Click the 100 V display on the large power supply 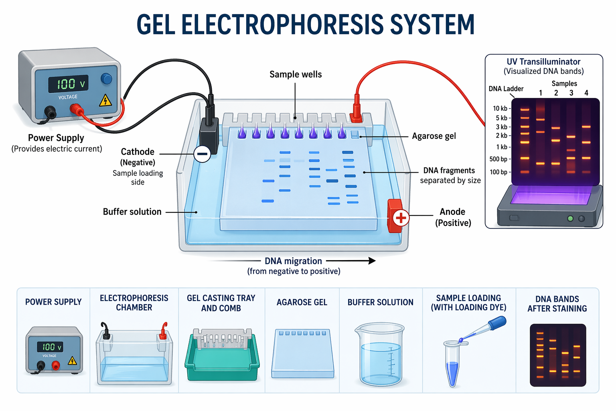(68, 84)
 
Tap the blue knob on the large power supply (106, 79)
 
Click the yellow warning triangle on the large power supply (105, 100)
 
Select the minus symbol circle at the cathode (202, 154)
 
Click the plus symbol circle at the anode (401, 218)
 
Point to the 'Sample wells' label (295, 74)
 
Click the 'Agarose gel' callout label (434, 136)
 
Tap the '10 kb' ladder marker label (500, 108)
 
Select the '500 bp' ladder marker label (498, 159)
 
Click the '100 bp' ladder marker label (498, 172)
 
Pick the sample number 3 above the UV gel (571, 93)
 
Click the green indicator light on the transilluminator (570, 219)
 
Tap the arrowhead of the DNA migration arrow (372, 261)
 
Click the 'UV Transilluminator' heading (543, 62)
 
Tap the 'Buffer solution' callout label (132, 212)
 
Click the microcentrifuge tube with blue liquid (452, 363)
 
